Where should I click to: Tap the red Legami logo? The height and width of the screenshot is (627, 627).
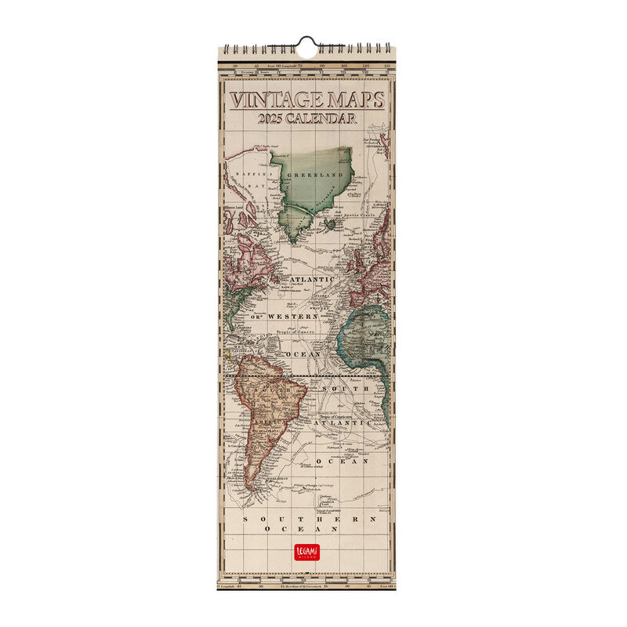click(306, 551)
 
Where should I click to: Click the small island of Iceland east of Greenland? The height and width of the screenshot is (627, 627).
click(331, 223)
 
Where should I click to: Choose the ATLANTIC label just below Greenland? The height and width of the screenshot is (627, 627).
click(311, 279)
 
